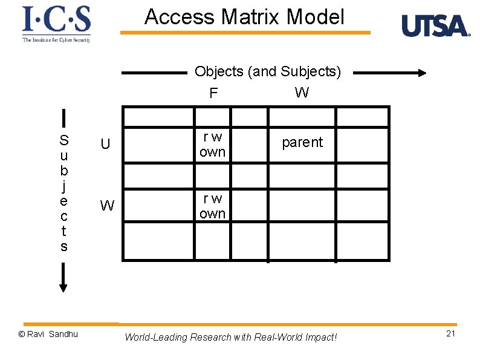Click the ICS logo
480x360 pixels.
56,24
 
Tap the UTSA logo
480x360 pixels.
435,26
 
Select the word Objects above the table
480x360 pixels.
219,72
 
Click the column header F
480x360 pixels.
213,93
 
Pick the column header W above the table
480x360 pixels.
301,93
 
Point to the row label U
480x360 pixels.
105,144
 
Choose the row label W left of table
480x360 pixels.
107,206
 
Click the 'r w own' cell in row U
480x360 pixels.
212,145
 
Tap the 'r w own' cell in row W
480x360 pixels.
212,206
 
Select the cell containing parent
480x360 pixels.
302,142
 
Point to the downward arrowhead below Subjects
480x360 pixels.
63,286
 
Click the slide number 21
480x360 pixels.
450,334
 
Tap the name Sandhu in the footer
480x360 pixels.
63,334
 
